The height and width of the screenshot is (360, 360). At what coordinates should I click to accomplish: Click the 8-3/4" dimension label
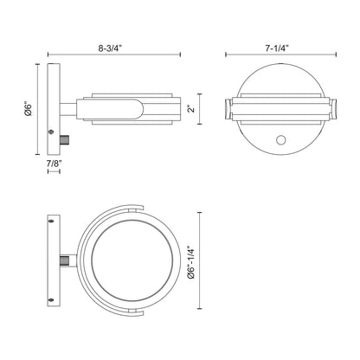pyautogui.click(x=111, y=48)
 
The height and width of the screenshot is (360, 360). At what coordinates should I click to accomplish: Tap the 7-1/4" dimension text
pyautogui.click(x=277, y=48)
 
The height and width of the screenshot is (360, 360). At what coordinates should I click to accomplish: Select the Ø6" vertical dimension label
pyautogui.click(x=29, y=109)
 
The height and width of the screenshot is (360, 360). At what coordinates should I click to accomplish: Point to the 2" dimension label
pyautogui.click(x=191, y=109)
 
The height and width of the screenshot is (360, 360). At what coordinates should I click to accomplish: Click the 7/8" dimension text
pyautogui.click(x=55, y=164)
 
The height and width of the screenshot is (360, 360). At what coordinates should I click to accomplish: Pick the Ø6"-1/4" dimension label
pyautogui.click(x=191, y=262)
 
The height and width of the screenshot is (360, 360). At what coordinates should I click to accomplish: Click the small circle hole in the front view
pyautogui.click(x=280, y=140)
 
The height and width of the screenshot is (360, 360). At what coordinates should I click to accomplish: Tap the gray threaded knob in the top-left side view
pyautogui.click(x=64, y=139)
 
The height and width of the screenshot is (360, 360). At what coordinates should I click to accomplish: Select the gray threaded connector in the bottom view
pyautogui.click(x=64, y=261)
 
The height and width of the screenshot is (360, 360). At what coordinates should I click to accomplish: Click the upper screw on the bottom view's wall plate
pyautogui.click(x=51, y=222)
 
